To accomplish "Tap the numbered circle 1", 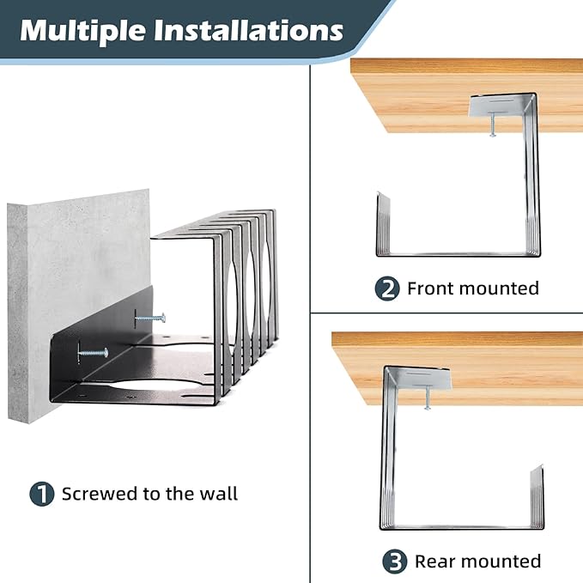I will click(41, 494).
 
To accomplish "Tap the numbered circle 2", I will click(387, 288).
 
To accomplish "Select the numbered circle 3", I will click(394, 562).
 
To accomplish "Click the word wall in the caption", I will click(218, 494).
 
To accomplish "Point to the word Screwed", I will click(100, 494).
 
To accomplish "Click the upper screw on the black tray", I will click(149, 318).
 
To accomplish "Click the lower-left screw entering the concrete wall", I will click(93, 352).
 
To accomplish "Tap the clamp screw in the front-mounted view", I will click(493, 125).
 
